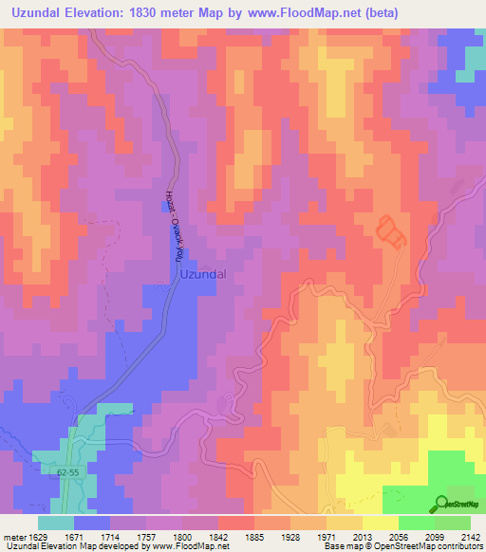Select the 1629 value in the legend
pos(38,538)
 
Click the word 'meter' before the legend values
pos(13,538)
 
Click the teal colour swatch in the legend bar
pos(56,523)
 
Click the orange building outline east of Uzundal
pos(391,230)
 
